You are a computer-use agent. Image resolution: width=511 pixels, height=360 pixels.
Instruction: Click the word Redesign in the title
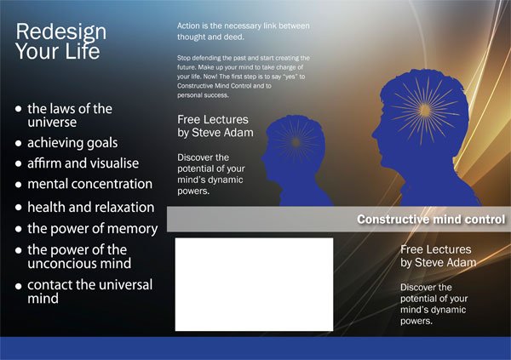point(61,32)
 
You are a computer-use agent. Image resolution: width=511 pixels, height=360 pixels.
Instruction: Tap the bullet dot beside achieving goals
point(19,143)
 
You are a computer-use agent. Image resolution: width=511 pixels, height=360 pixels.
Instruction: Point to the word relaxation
point(123,207)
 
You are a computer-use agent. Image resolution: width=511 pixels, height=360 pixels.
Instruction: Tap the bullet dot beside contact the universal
point(19,286)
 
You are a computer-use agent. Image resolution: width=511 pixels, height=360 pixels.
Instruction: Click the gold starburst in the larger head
point(425,110)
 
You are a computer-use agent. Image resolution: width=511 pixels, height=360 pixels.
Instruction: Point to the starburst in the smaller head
point(296,142)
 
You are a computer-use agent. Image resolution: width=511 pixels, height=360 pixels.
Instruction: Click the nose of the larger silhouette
point(375,134)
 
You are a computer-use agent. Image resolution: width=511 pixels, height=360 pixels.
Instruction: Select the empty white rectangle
point(254,284)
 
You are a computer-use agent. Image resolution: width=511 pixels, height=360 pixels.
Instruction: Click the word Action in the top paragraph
point(188,26)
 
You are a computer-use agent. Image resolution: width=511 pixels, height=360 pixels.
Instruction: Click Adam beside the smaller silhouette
point(237,133)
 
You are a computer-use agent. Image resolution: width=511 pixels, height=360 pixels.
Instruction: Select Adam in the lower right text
point(460,263)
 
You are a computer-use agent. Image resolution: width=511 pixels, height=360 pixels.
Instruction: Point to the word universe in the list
point(52,123)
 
